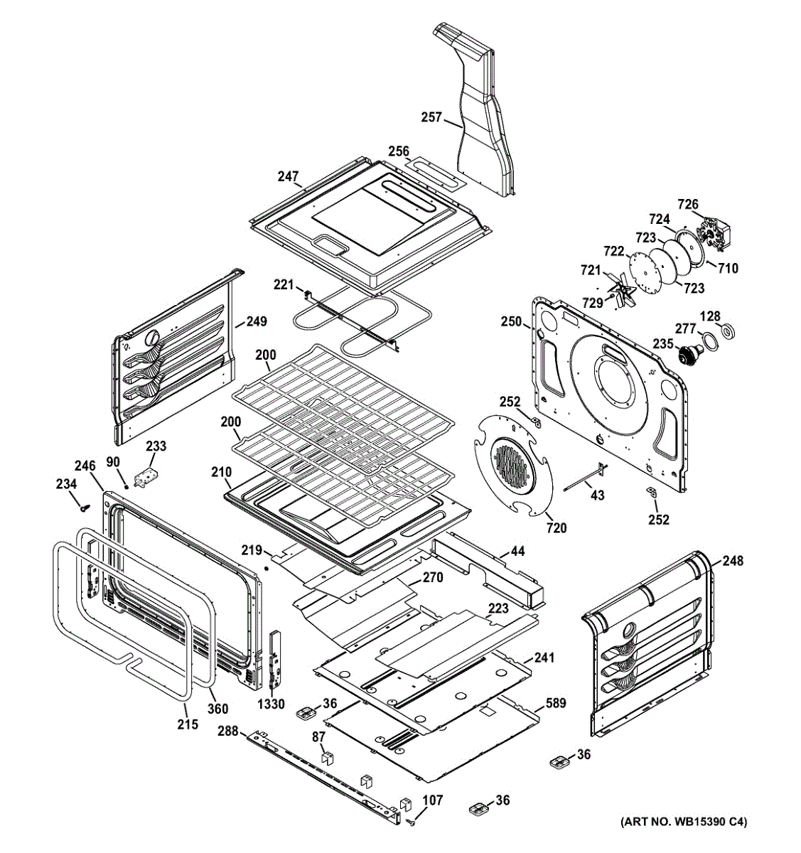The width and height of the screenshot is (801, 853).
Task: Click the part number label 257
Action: [431, 118]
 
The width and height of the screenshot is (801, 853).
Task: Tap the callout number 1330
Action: [271, 704]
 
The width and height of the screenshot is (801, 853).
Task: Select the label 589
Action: [556, 703]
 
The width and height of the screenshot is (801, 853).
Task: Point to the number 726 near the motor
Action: [687, 204]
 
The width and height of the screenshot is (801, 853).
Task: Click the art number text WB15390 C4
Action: [684, 822]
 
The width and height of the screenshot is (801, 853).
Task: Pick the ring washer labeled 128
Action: [728, 332]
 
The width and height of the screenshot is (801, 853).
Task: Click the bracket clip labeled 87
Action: [326, 756]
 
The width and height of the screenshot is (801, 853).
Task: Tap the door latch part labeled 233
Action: [146, 478]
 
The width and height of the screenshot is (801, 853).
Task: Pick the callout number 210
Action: [221, 471]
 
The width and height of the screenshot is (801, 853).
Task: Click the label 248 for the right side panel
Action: [733, 561]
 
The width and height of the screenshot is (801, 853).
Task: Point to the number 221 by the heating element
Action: [284, 285]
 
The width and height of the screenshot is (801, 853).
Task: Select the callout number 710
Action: [728, 268]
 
